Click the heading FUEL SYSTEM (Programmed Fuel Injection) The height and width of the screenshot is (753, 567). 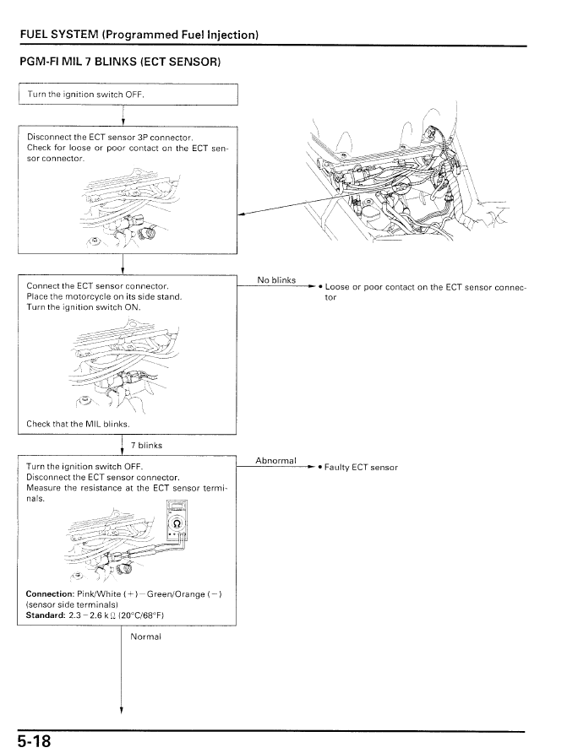(x=139, y=35)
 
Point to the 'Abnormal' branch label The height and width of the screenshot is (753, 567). (x=275, y=461)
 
